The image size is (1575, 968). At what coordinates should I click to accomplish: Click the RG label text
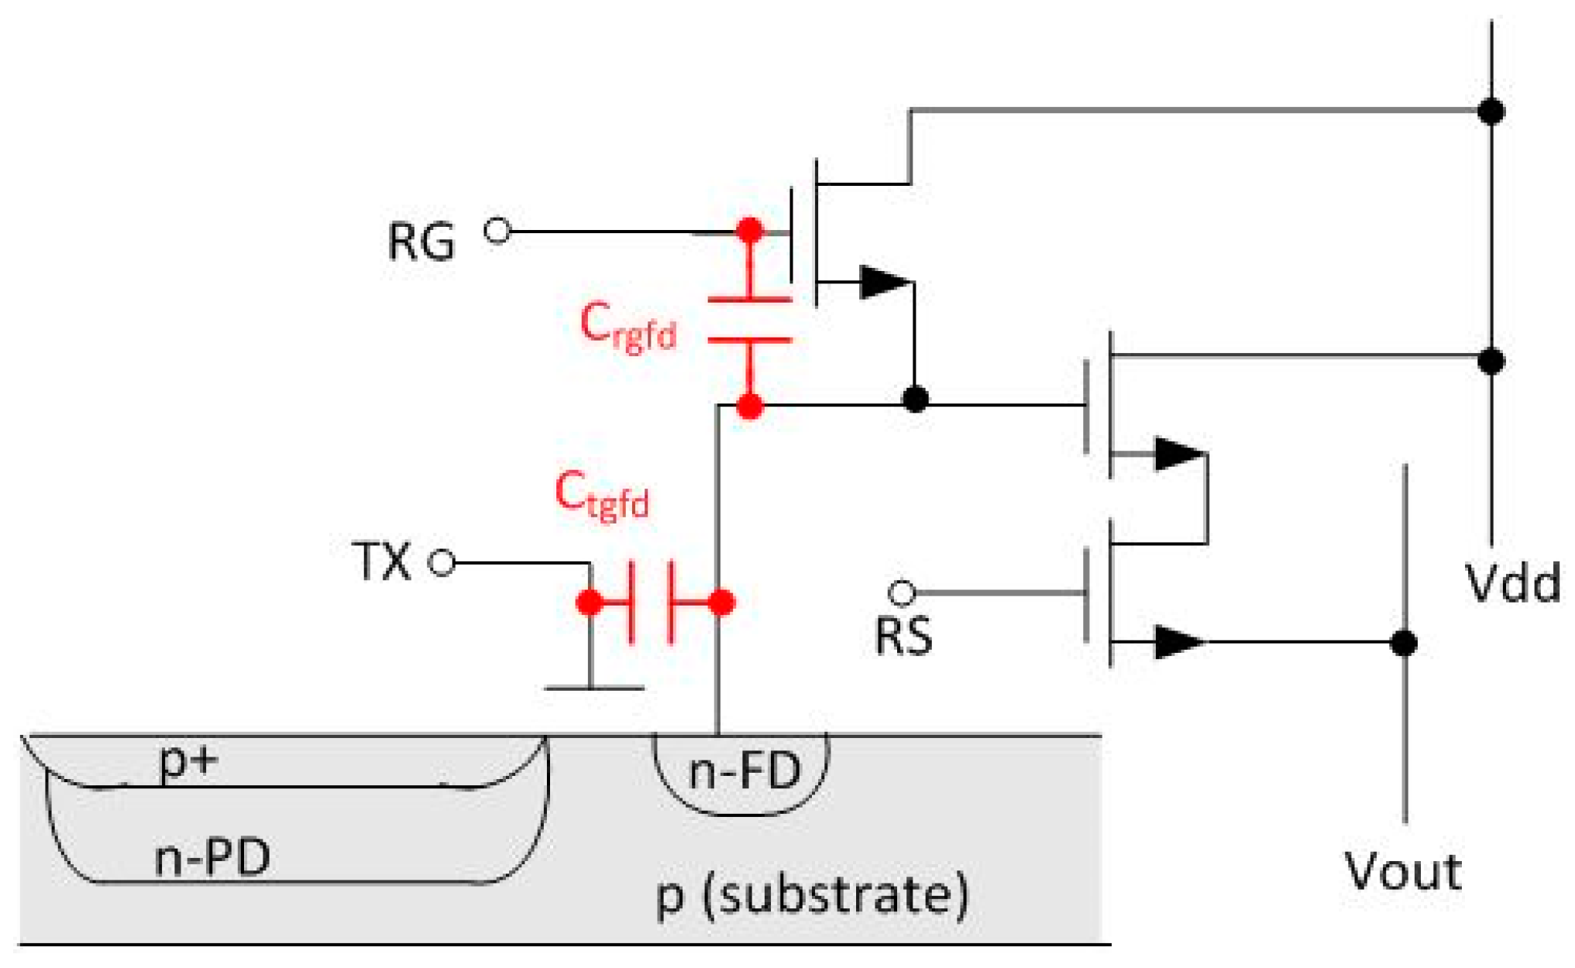tap(421, 241)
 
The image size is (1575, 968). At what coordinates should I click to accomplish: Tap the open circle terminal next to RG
tap(497, 230)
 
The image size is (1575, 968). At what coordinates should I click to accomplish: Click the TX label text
tap(381, 561)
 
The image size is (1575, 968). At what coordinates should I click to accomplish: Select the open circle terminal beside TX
tap(442, 563)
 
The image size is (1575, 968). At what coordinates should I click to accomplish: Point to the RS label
tap(903, 637)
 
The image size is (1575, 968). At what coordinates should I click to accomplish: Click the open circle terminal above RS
tap(902, 593)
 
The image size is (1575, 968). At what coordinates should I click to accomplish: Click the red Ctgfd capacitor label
tap(601, 496)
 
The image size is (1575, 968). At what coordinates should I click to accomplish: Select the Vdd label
tap(1513, 583)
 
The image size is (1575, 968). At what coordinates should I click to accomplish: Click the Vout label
tap(1403, 871)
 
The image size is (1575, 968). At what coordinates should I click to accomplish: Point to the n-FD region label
tap(744, 772)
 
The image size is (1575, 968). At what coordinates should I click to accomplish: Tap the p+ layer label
tap(188, 761)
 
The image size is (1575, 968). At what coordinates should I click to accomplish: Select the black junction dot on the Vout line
tap(1404, 643)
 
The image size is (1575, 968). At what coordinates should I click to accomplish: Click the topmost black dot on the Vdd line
tap(1491, 111)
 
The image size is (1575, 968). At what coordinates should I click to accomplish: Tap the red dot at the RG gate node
tap(749, 230)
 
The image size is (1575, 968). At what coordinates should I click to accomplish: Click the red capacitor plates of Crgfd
tap(749, 319)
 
